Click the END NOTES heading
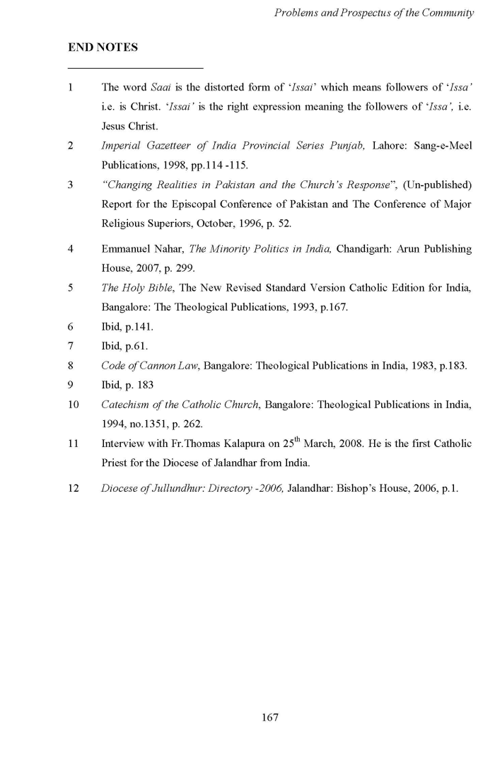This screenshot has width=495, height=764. click(x=103, y=47)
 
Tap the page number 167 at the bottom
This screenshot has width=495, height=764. click(x=270, y=717)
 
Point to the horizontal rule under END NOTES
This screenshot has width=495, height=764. click(x=135, y=68)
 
